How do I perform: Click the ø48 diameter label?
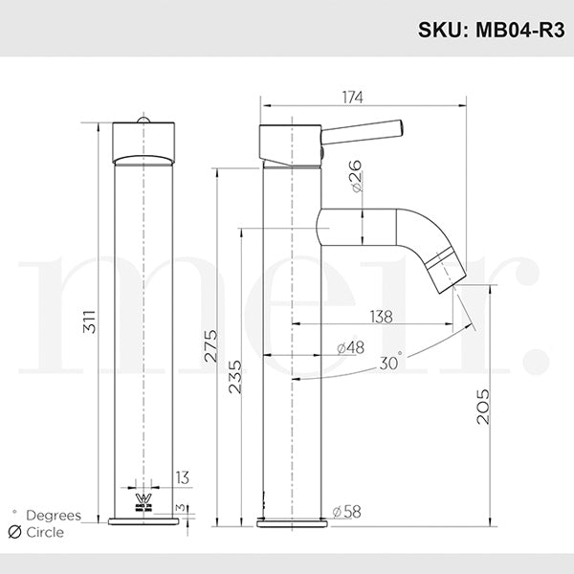click(x=349, y=347)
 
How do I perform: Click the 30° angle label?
click(x=390, y=362)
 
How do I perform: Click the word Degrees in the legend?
click(x=53, y=516)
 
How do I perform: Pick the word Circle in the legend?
click(x=46, y=532)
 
